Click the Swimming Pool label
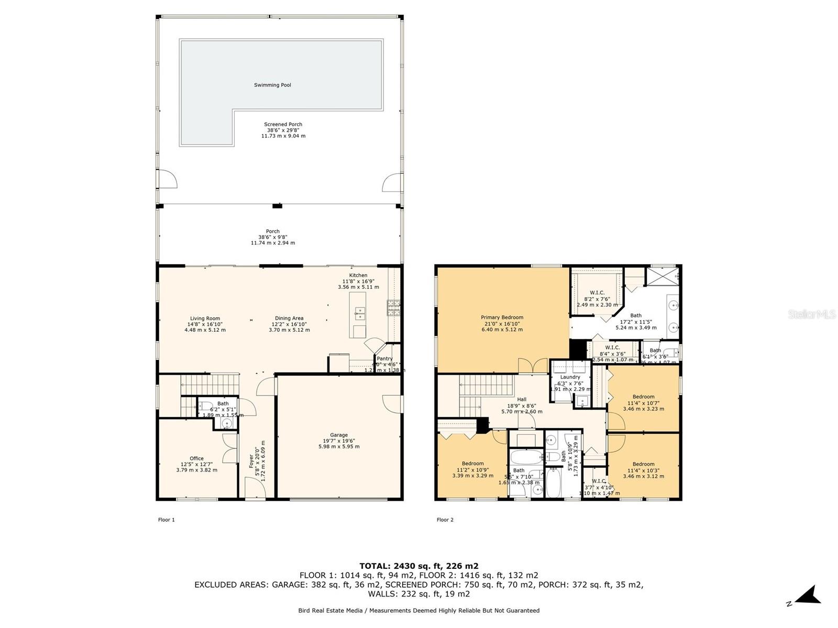[272, 85]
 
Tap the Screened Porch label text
[283, 125]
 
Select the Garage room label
[339, 435]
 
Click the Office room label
[196, 458]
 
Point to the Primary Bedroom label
[502, 317]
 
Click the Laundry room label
[570, 377]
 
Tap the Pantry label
[384, 358]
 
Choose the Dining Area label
[289, 318]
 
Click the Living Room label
[205, 318]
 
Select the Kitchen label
[358, 275]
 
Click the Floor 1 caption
[166, 520]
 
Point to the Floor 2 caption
[445, 520]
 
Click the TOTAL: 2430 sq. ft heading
[418, 566]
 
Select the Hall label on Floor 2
[522, 399]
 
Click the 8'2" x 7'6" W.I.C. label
[597, 293]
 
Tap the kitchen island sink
[359, 314]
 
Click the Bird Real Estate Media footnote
[418, 610]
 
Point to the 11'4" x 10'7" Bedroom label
[643, 397]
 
